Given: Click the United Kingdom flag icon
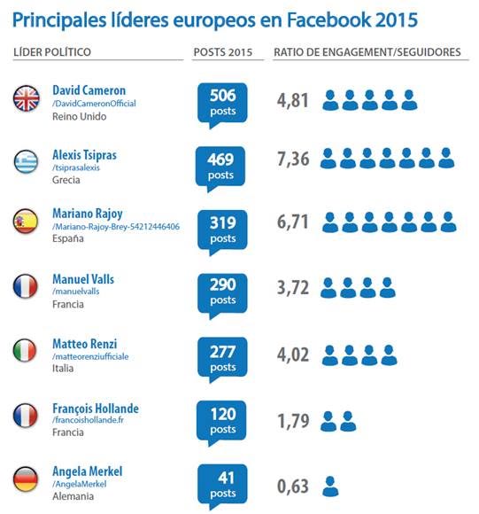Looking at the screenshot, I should point(27,99).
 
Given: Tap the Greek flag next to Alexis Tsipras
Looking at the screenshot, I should point(27,161).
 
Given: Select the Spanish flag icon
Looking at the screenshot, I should point(27,223).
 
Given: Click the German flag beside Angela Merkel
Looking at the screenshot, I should point(27,479).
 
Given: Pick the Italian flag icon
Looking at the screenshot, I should point(27,351).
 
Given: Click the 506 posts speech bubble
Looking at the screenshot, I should point(222,102).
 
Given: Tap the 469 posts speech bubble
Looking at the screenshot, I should point(222,166).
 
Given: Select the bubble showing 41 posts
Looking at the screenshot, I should point(222,485).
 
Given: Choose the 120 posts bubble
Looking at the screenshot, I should point(222,421).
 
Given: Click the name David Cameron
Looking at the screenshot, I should point(89,90).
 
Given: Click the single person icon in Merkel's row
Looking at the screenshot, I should point(330,486).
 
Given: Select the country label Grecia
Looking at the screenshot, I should point(66,180).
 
